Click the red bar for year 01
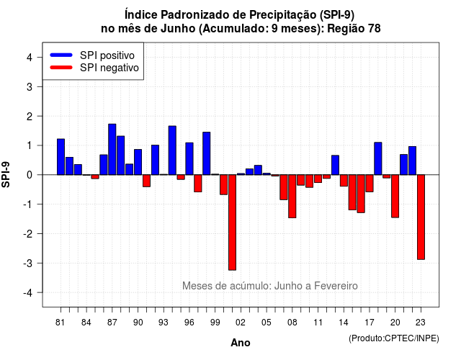232,222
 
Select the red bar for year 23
421,217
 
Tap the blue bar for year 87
112,149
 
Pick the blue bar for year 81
61,157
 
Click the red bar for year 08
292,197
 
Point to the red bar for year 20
395,197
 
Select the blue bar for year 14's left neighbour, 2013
335,165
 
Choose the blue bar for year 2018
378,158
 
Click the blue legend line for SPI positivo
61,55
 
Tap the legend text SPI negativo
109,68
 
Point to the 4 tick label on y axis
30,58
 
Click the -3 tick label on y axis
27,263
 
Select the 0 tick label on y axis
30,175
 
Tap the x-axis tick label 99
215,323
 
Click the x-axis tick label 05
267,323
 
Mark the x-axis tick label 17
370,323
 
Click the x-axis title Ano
241,343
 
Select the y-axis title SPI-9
6,175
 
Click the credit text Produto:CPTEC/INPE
394,338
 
